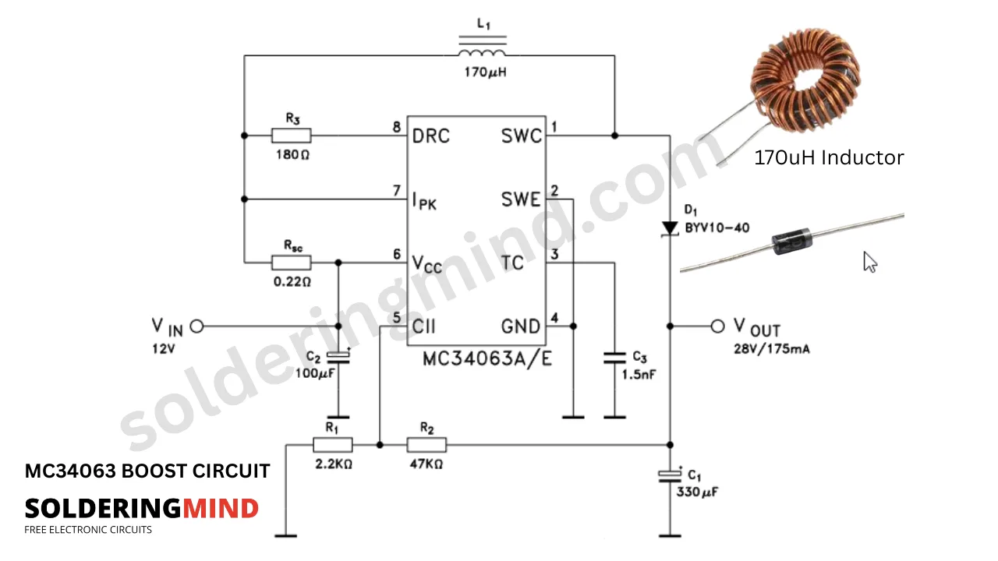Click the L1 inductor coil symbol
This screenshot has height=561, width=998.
tap(482, 52)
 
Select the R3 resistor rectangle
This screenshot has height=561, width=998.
tap(292, 136)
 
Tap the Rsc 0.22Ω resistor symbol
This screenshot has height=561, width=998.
tap(292, 263)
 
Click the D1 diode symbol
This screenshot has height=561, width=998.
tap(670, 228)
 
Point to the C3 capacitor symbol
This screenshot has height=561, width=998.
tap(614, 358)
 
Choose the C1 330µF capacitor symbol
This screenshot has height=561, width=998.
tap(670, 475)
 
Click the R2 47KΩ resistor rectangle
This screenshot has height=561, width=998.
tap(426, 445)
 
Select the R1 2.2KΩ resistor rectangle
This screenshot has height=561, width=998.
tap(333, 445)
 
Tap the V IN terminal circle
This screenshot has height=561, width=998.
tap(196, 326)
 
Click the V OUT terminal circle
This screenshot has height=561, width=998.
tap(718, 326)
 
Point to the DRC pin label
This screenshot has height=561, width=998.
tap(431, 136)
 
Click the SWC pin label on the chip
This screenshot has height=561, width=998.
tap(521, 136)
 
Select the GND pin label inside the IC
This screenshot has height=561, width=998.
tap(521, 326)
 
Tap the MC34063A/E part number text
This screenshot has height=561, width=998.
tap(487, 359)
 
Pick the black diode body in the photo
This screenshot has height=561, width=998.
tap(792, 243)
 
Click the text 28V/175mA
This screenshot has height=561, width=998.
tap(772, 349)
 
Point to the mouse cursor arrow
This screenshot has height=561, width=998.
tap(870, 262)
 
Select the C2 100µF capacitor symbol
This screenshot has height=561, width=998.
tap(338, 358)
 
